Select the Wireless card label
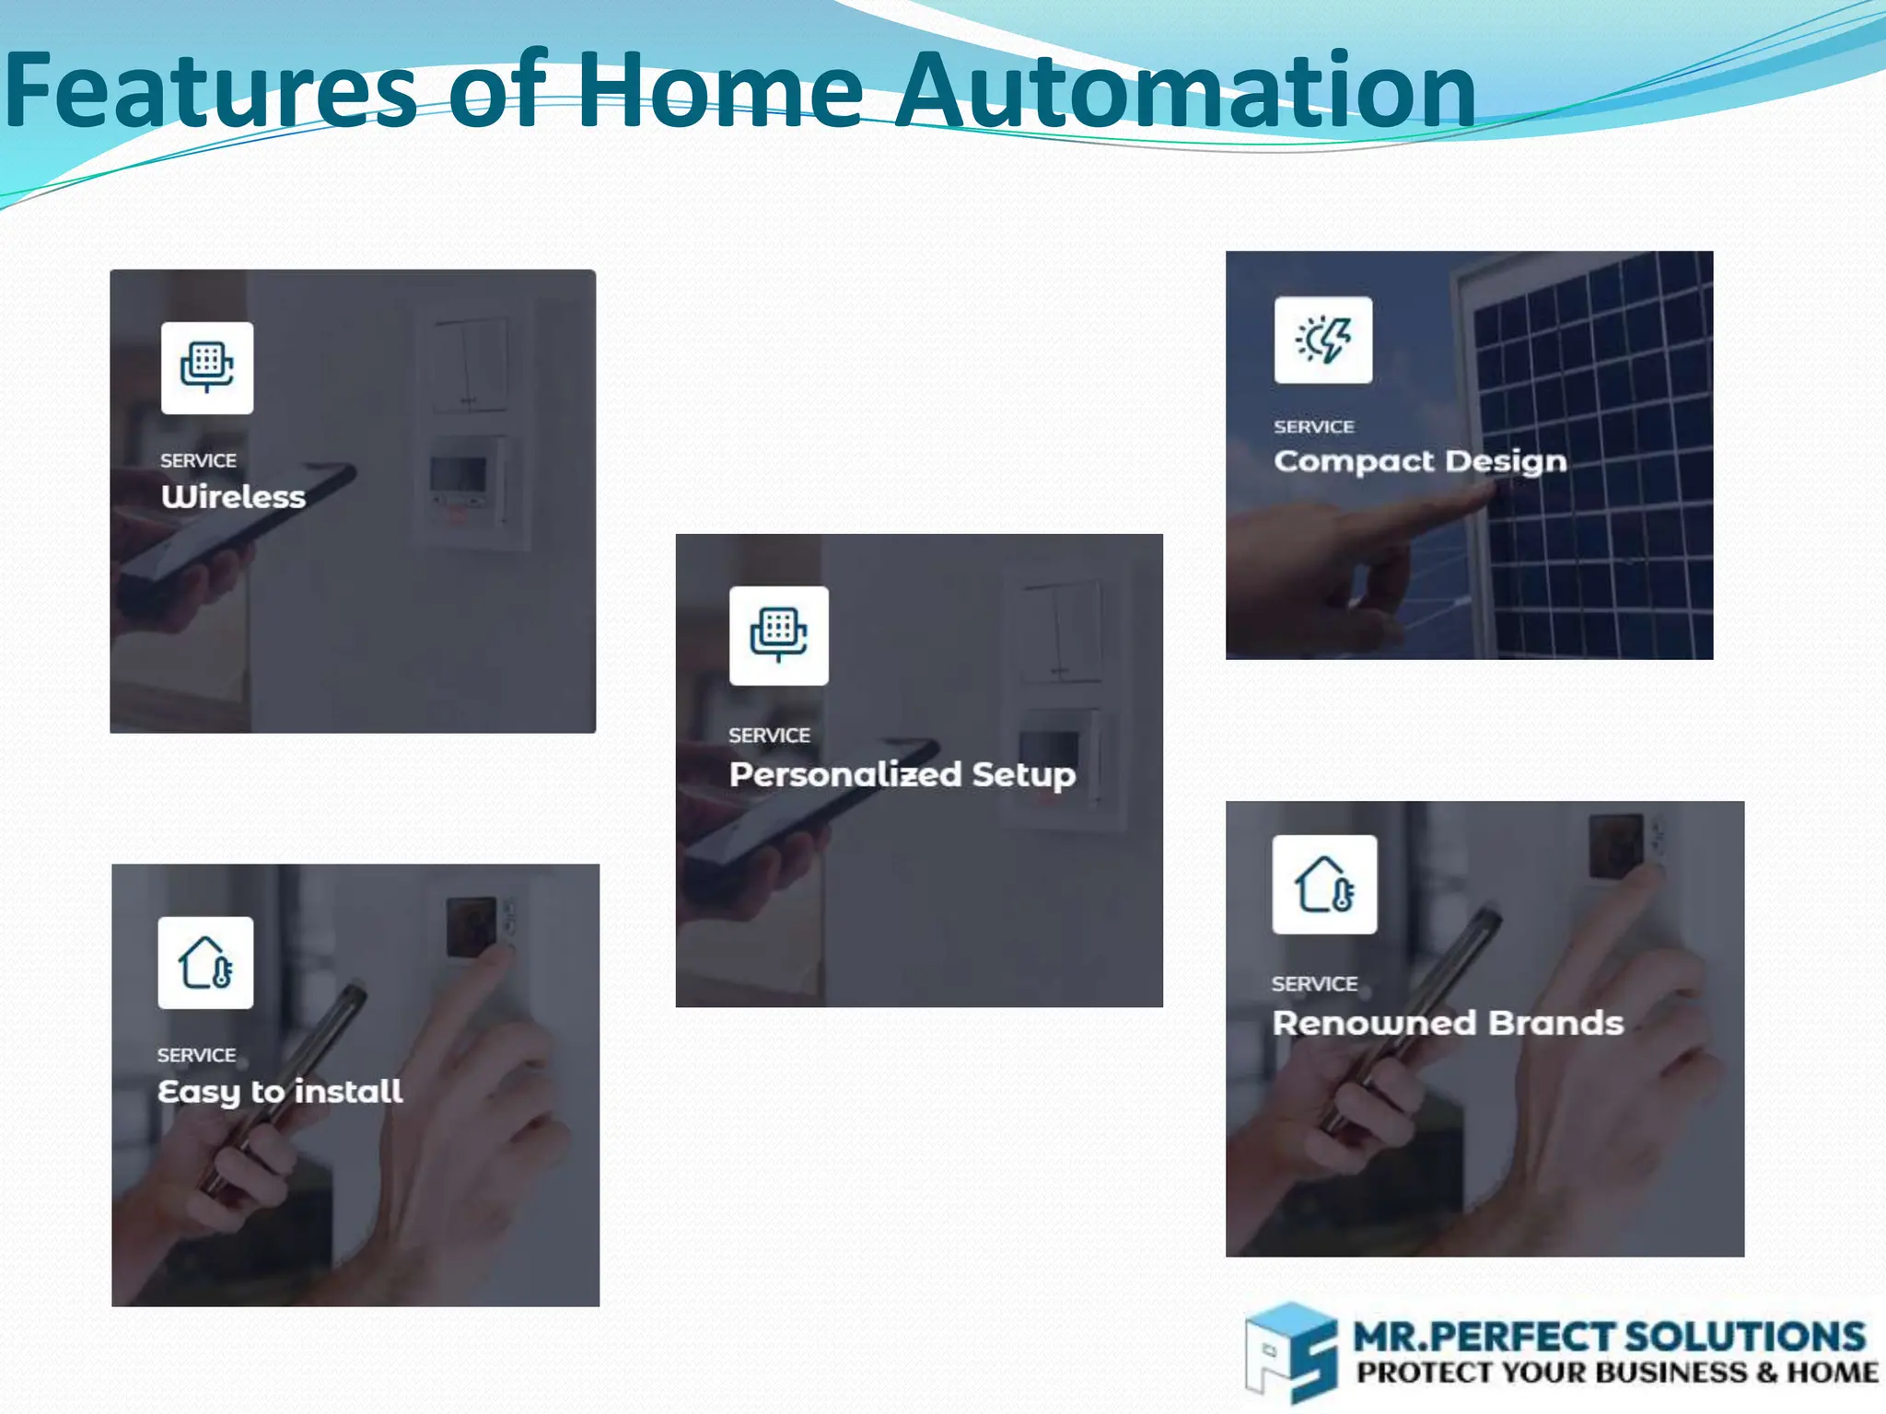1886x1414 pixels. click(x=233, y=497)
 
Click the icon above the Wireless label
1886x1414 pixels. click(x=207, y=367)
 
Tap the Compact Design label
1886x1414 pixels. click(x=1420, y=461)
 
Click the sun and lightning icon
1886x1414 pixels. click(x=1322, y=340)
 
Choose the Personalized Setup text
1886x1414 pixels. click(x=902, y=775)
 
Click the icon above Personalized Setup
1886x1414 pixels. click(x=778, y=635)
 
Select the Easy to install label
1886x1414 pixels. click(x=280, y=1092)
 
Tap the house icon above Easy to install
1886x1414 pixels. click(x=205, y=963)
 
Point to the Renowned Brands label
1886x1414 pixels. click(x=1448, y=1023)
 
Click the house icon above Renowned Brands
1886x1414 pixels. click(x=1324, y=885)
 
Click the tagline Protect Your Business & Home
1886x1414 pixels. click(x=1616, y=1373)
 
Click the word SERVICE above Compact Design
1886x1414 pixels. click(x=1314, y=427)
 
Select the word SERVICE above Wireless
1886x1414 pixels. click(x=198, y=460)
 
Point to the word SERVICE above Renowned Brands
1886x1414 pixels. click(x=1314, y=984)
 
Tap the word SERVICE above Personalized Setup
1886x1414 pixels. click(x=769, y=736)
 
